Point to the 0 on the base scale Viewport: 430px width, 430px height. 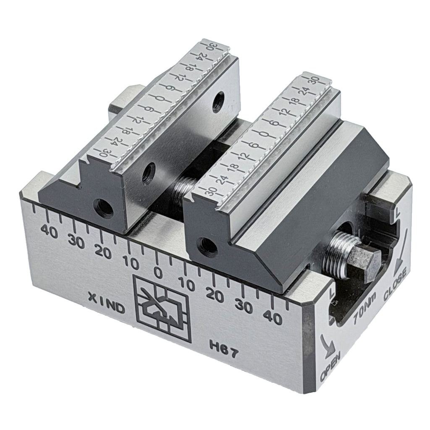(x=158, y=273)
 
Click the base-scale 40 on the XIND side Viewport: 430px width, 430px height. (x=52, y=231)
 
